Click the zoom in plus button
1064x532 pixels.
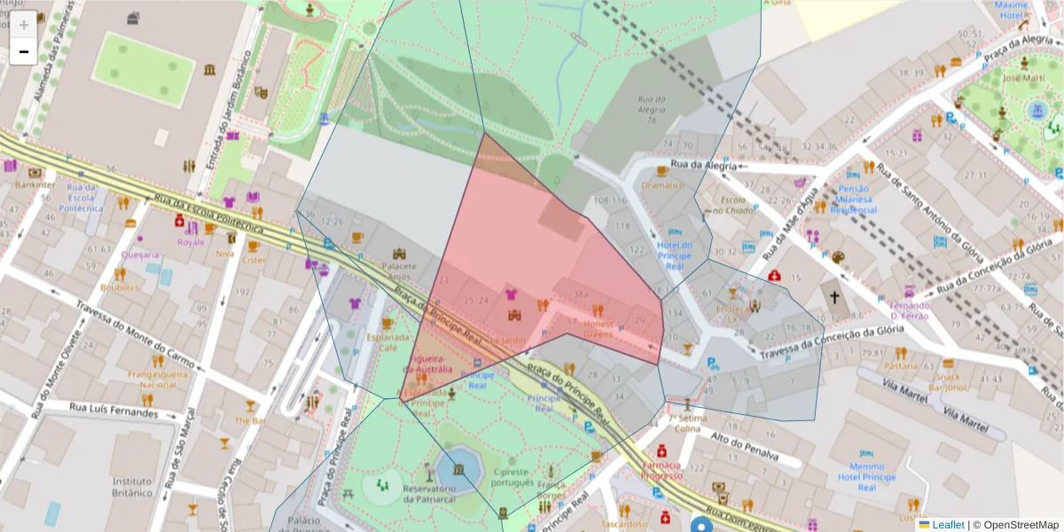click(24, 24)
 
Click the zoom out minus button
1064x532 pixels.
click(24, 51)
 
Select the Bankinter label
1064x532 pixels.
click(35, 185)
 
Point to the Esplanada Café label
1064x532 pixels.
click(387, 342)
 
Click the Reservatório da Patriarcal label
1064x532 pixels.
click(429, 493)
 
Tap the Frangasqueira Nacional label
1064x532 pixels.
click(158, 380)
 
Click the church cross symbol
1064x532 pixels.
click(833, 295)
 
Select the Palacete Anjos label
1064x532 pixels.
click(398, 270)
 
